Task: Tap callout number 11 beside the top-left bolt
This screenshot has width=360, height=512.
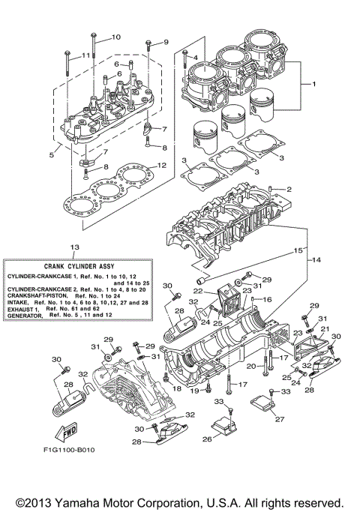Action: [85, 55]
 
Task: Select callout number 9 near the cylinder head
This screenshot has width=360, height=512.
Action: [166, 41]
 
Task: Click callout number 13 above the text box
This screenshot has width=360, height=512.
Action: [73, 247]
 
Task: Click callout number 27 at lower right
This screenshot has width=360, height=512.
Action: [279, 420]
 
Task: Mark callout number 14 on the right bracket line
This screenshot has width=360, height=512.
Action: [315, 259]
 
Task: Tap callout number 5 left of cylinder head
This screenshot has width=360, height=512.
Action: [51, 155]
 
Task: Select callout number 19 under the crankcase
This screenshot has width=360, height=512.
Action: [193, 390]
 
